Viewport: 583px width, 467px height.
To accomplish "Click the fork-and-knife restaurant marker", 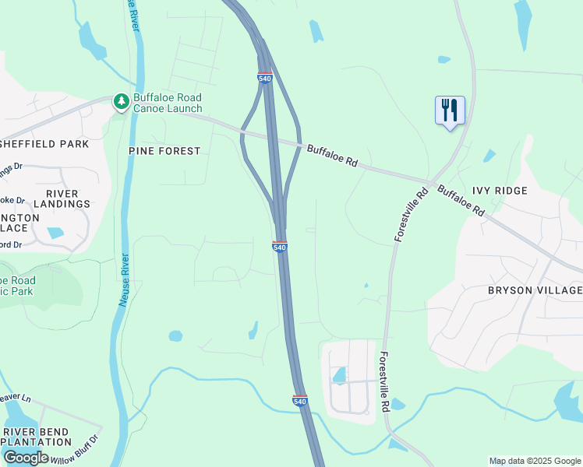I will (450, 111).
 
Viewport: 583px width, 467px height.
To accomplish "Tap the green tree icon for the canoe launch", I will (121, 101).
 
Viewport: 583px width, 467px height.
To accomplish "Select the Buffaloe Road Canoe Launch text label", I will (168, 103).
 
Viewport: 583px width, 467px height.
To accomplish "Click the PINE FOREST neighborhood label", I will (164, 151).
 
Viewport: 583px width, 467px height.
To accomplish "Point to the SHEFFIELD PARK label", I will (44, 144).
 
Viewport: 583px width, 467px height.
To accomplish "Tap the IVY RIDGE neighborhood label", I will (500, 191).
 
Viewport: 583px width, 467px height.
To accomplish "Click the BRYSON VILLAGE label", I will (535, 290).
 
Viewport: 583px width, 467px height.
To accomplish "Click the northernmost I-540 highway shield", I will (264, 78).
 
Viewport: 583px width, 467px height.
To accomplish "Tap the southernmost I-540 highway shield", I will (300, 400).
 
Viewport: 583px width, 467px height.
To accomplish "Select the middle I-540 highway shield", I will (281, 247).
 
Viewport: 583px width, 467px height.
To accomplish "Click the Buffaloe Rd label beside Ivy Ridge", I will (461, 201).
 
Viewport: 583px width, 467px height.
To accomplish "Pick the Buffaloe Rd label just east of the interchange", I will (332, 156).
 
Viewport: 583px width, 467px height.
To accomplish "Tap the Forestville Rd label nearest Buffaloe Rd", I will (412, 213).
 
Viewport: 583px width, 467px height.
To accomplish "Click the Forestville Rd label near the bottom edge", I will (383, 381).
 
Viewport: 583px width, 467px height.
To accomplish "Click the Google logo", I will (26, 458).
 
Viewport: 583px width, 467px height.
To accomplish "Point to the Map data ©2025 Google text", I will (535, 461).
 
